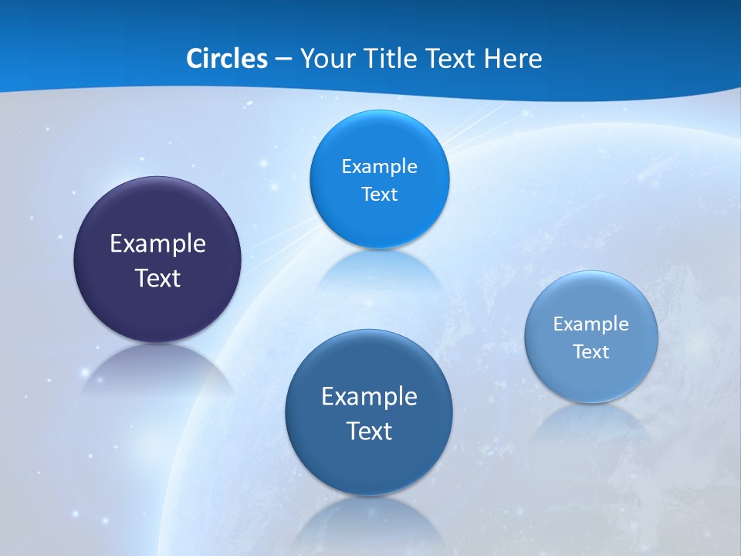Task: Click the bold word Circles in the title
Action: pyautogui.click(x=226, y=59)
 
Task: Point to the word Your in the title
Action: pyautogui.click(x=326, y=59)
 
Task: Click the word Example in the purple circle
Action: pyautogui.click(x=157, y=243)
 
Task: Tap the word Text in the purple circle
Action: pyautogui.click(x=157, y=278)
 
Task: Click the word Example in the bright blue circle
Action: pyautogui.click(x=379, y=166)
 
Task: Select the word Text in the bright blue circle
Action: pyautogui.click(x=379, y=194)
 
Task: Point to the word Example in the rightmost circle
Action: pyautogui.click(x=591, y=324)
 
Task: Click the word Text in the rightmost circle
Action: pyautogui.click(x=591, y=351)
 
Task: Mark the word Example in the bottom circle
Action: pyautogui.click(x=369, y=396)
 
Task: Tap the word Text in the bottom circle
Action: pyautogui.click(x=369, y=431)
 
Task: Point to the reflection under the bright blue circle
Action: pyautogui.click(x=378, y=270)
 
